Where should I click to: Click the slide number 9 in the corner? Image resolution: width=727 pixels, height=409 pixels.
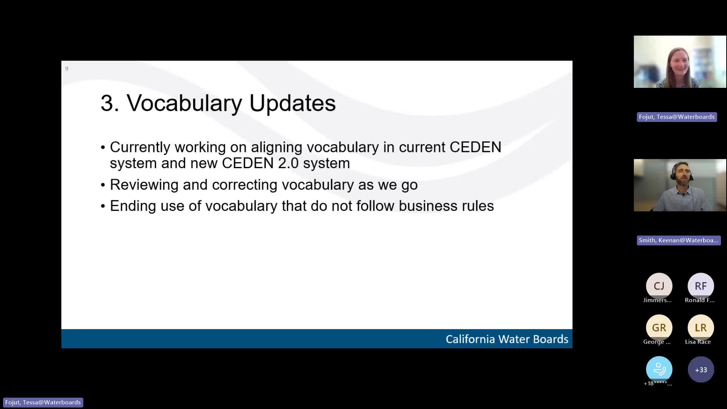click(67, 69)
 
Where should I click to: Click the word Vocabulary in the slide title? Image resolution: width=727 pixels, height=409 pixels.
click(184, 103)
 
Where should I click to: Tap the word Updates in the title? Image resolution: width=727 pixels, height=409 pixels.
click(292, 103)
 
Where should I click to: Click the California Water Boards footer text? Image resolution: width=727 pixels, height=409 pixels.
click(507, 339)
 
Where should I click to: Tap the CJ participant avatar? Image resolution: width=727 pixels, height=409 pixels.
click(659, 286)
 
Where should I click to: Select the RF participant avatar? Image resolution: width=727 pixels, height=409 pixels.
click(700, 286)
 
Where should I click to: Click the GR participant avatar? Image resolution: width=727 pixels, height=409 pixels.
click(659, 328)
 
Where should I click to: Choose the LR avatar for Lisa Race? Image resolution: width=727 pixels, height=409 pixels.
click(700, 328)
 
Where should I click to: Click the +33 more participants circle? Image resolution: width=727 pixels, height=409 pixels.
click(700, 370)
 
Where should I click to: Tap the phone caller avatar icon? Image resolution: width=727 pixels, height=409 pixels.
click(659, 369)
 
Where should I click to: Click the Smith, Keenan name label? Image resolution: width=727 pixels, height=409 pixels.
click(678, 240)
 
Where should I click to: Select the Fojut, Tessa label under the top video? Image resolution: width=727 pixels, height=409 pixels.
click(677, 117)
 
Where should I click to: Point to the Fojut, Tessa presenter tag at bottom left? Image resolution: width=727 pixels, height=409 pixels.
click(43, 403)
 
